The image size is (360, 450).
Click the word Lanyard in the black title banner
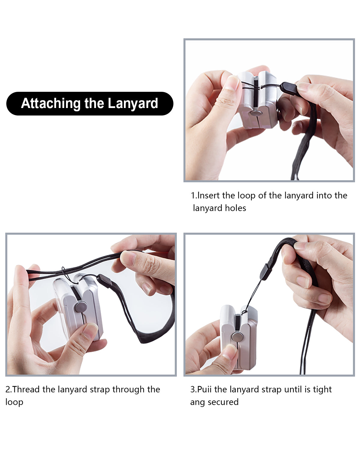point(133,103)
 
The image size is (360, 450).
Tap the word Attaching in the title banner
point(51,103)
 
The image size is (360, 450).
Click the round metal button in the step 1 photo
point(256,113)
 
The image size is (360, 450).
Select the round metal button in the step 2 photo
point(81,307)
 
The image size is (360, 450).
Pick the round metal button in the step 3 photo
point(238,337)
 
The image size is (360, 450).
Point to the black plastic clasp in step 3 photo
point(266,272)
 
